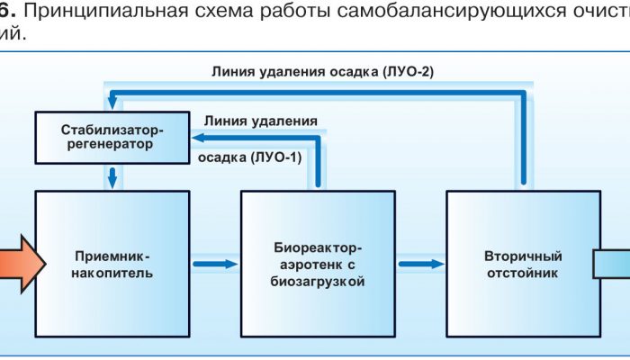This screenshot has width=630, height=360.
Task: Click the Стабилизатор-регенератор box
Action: [x=109, y=135]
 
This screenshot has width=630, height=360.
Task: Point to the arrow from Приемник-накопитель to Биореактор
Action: [x=216, y=264]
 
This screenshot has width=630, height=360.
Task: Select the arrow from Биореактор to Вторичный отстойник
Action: [x=421, y=264]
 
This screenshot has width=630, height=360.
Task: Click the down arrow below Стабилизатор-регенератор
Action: [x=112, y=175]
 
